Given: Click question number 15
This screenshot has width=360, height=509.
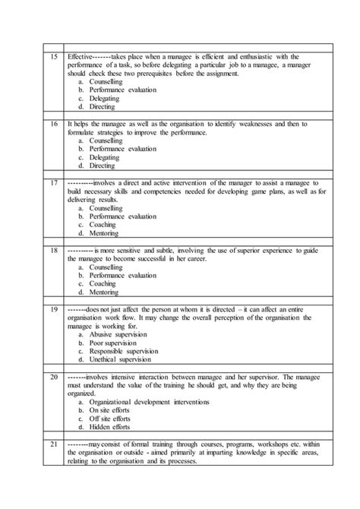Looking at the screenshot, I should [x=54, y=56].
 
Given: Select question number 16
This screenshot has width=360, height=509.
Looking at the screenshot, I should [x=54, y=122].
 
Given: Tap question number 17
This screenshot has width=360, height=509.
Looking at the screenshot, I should [x=54, y=183].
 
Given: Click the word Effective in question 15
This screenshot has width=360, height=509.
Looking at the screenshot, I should [x=79, y=56].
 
